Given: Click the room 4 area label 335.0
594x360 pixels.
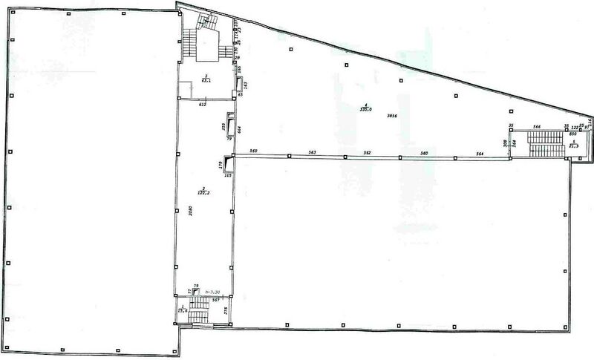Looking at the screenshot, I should [365, 108].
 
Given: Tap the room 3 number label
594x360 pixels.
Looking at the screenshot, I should [205, 76].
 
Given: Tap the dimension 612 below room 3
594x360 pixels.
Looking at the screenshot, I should [202, 105].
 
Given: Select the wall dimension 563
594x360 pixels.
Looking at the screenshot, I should [312, 152].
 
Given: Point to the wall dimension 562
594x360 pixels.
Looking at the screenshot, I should [367, 152].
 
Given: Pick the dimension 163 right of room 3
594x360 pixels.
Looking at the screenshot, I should [246, 84].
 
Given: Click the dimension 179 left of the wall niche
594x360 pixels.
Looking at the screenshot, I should [221, 165].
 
